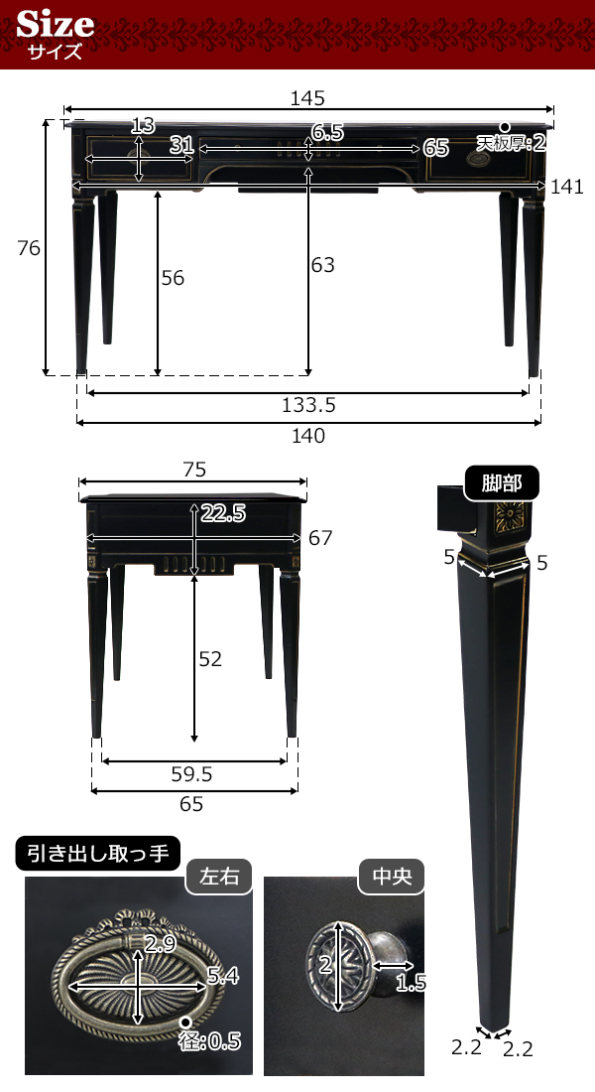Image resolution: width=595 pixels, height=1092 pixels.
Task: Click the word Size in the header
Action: point(56,24)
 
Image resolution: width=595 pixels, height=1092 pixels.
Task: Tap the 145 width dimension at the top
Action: point(308,97)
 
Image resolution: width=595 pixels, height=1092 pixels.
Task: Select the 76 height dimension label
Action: point(29,248)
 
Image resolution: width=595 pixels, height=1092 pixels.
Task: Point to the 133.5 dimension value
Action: point(308,405)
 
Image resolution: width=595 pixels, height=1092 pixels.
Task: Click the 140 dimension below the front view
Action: point(308,435)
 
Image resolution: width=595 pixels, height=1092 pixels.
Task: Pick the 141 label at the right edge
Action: point(567,187)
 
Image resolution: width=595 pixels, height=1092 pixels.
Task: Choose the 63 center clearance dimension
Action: point(322,265)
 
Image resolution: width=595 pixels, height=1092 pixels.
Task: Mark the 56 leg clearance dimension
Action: point(173,278)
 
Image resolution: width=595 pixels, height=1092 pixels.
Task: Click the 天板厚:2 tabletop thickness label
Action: point(512,143)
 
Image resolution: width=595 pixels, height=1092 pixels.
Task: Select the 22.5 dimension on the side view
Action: point(223,513)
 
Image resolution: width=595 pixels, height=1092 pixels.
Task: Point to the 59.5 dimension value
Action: point(193,773)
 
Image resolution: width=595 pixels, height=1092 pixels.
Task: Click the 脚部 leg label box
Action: point(503,484)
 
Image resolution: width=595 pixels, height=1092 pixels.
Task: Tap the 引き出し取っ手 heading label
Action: point(98,853)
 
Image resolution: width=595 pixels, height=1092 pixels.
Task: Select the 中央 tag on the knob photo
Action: point(391,878)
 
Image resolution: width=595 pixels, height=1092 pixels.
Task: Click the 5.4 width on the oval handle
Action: point(222,977)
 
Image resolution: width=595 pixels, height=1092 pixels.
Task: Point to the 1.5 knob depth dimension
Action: point(410,983)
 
